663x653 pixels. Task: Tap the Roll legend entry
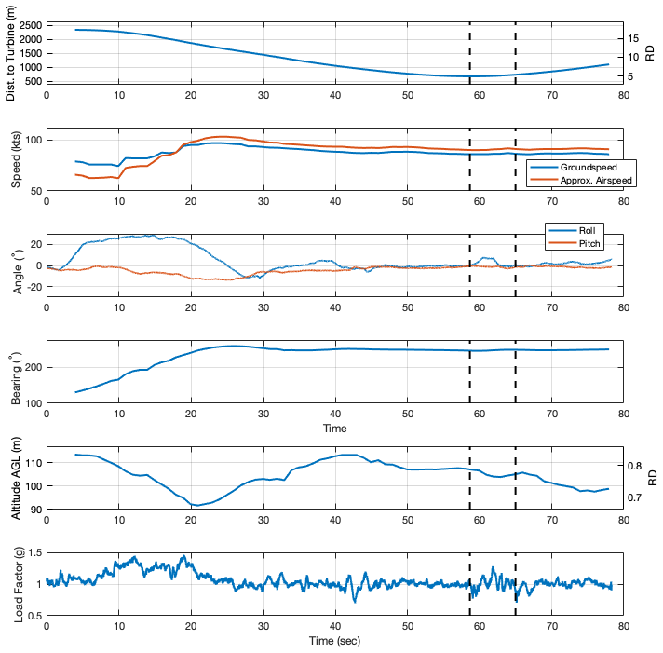(x=589, y=229)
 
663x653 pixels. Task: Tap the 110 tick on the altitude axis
(x=33, y=462)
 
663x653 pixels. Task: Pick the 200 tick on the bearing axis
(x=33, y=367)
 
